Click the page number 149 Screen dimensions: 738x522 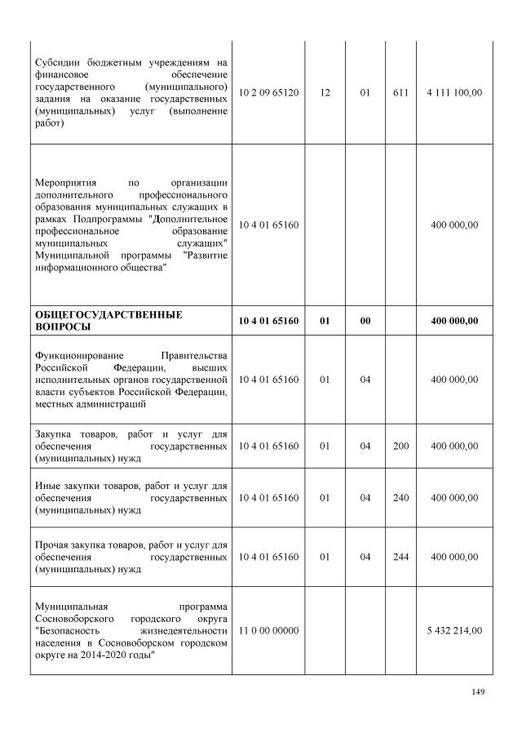coord(478,692)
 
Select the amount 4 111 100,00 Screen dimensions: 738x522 coord(454,93)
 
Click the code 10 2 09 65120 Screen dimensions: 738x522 coord(269,93)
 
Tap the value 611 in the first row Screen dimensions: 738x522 coord(400,93)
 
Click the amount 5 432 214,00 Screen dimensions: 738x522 coord(454,631)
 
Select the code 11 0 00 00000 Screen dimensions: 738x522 coord(269,631)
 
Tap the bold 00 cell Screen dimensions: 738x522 coord(365,321)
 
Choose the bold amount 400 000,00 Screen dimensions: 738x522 coord(454,321)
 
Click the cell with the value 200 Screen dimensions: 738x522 coord(400,447)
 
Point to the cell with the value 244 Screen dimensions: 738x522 coord(400,557)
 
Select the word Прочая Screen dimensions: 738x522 coord(52,544)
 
